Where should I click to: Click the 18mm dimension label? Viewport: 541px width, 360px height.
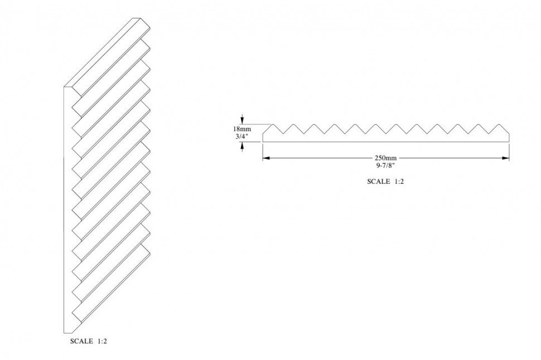pos(242,129)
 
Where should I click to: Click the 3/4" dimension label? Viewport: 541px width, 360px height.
pos(242,136)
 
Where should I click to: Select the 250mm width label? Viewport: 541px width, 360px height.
pos(386,158)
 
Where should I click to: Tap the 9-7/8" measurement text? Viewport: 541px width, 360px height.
pos(386,165)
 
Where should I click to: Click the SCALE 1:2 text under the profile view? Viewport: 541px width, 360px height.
pos(385,181)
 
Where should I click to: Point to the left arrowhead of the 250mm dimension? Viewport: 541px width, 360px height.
pos(266,158)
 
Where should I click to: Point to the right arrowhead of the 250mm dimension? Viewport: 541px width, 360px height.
pos(506,158)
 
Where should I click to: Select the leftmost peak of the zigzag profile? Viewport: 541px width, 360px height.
pos(273,124)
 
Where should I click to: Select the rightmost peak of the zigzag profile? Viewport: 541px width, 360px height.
pos(499,124)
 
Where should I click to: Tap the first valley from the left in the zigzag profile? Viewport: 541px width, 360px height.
pos(283,134)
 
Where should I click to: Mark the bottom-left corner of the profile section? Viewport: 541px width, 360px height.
pos(263,142)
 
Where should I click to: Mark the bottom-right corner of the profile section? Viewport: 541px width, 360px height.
pos(510,142)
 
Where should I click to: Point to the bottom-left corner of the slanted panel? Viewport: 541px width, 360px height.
pos(65,333)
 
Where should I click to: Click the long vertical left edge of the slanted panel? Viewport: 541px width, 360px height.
pos(65,210)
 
